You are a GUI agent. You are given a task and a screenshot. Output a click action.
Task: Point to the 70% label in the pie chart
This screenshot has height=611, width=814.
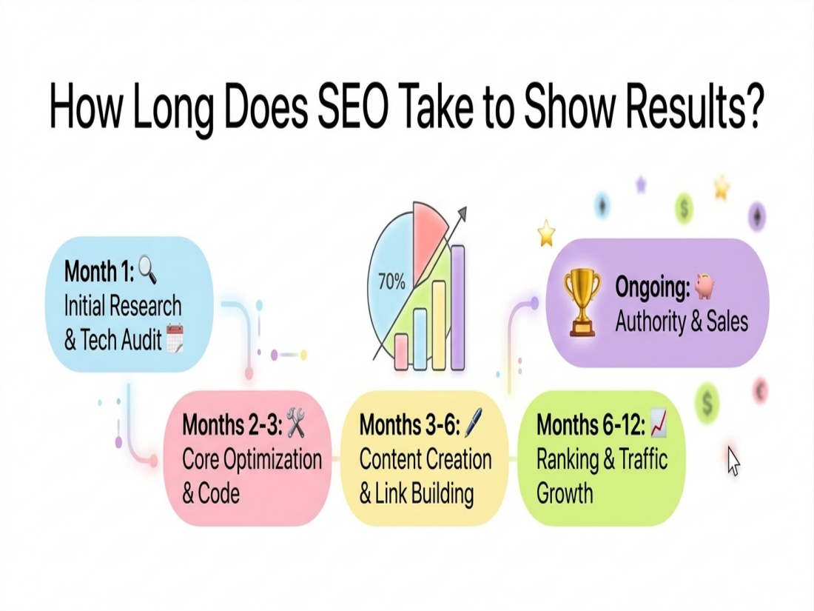(391, 282)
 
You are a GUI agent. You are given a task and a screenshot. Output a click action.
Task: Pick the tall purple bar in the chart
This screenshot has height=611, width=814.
(457, 307)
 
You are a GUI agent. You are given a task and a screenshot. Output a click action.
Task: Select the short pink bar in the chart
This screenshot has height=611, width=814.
(402, 351)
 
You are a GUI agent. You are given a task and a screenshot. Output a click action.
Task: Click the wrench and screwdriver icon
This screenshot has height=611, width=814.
(296, 422)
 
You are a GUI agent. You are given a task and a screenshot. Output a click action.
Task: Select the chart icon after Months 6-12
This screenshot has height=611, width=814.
(659, 424)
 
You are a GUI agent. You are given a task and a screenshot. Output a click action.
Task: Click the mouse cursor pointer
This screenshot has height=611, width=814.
(733, 461)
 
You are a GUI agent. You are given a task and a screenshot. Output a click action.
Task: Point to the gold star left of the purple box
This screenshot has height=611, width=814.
(546, 234)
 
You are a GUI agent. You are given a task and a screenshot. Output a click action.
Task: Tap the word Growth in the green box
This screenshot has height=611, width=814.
(565, 493)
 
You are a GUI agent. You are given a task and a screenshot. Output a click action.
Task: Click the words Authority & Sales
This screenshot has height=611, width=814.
(682, 321)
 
